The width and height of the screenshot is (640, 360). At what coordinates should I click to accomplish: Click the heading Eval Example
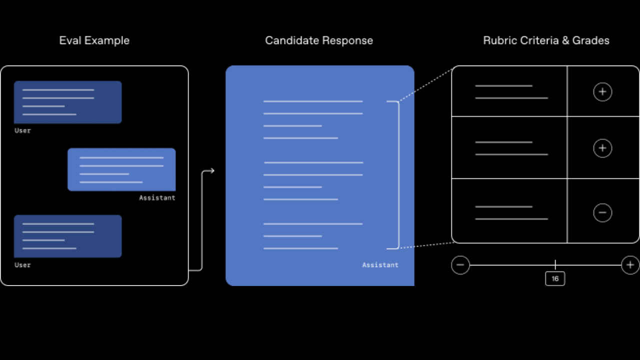94,40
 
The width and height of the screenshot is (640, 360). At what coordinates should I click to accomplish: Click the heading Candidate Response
319,40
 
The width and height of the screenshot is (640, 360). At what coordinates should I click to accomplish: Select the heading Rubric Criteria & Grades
546,40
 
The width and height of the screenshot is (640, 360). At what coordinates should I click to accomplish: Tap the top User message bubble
67,102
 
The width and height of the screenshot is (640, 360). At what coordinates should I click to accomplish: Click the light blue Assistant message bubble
121,169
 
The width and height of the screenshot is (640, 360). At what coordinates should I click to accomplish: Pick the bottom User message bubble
67,236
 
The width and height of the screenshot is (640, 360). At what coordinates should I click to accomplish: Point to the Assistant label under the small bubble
157,198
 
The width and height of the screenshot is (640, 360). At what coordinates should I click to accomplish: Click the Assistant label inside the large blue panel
380,265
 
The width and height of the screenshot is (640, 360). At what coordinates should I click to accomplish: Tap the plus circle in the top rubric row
602,92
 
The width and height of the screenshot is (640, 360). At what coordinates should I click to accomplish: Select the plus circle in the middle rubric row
602,148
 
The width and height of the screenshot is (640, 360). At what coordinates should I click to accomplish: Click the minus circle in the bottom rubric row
602,213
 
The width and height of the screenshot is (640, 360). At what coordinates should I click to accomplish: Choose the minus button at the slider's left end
460,265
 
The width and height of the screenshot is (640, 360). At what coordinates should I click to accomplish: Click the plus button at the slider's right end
630,265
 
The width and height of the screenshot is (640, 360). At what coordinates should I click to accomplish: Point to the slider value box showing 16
555,278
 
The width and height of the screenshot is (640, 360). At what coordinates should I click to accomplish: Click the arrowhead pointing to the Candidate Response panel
211,171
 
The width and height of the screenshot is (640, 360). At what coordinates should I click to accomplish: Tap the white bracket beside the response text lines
398,175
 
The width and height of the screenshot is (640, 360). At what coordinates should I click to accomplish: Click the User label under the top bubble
22,130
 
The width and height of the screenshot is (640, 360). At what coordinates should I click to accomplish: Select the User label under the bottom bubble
22,265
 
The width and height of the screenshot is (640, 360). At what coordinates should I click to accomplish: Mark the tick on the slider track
555,264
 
